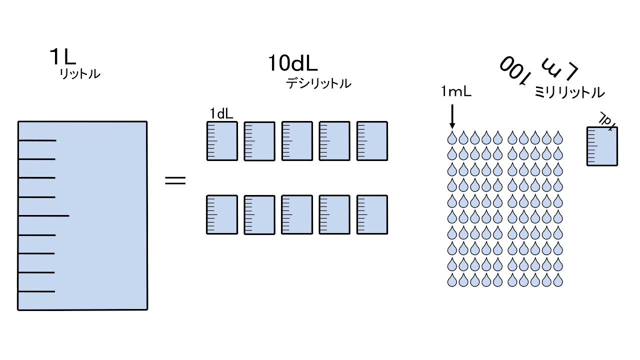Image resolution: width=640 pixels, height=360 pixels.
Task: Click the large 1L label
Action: (x=62, y=57)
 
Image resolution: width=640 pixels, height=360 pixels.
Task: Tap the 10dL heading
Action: (x=293, y=63)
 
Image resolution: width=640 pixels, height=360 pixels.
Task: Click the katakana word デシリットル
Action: (x=318, y=83)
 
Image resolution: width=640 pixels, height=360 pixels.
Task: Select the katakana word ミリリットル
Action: (x=569, y=92)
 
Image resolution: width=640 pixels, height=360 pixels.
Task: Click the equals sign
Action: (x=175, y=180)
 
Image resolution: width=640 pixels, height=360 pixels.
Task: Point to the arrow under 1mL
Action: (x=452, y=116)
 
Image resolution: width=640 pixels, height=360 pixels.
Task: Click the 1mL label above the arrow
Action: (x=456, y=92)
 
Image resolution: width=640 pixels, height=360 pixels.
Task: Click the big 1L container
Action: (x=82, y=215)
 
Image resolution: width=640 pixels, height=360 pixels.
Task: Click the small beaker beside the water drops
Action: (x=602, y=146)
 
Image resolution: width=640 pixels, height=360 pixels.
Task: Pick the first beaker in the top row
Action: (x=222, y=141)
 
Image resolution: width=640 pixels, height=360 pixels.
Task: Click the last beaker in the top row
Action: (x=372, y=141)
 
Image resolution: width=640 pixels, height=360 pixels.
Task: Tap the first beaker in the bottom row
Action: (x=222, y=214)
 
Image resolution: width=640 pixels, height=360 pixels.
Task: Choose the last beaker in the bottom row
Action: (x=372, y=214)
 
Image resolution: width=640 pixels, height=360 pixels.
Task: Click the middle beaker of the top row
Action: (x=297, y=141)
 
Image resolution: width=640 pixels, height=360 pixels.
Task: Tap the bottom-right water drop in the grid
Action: (x=557, y=280)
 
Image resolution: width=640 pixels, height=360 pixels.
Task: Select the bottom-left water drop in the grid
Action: (x=452, y=280)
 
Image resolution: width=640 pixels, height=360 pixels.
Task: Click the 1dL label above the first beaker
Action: (x=221, y=114)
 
